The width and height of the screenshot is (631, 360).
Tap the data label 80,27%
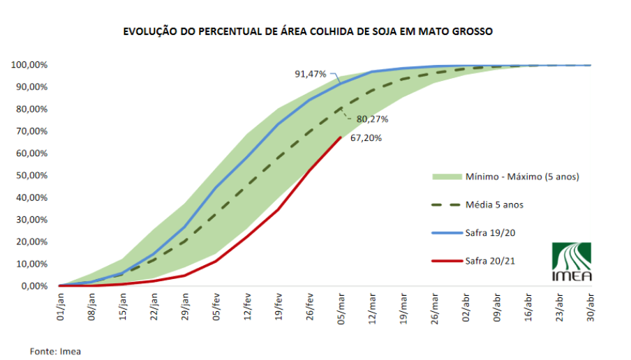tap(372, 119)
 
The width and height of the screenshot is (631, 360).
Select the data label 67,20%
tap(365, 138)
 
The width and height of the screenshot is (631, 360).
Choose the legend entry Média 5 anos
tap(494, 204)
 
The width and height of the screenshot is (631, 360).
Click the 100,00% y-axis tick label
tap(29, 65)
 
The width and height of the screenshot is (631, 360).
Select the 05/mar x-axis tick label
tap(341, 306)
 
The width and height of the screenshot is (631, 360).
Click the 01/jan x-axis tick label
tap(61, 306)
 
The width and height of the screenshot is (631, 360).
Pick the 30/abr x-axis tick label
tap(591, 306)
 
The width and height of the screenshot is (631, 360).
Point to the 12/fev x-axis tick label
tap(247, 306)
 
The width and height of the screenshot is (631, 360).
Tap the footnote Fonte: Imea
tap(55, 351)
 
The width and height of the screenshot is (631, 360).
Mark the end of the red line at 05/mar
tap(340, 137)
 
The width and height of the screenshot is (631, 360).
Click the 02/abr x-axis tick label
tap(466, 306)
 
